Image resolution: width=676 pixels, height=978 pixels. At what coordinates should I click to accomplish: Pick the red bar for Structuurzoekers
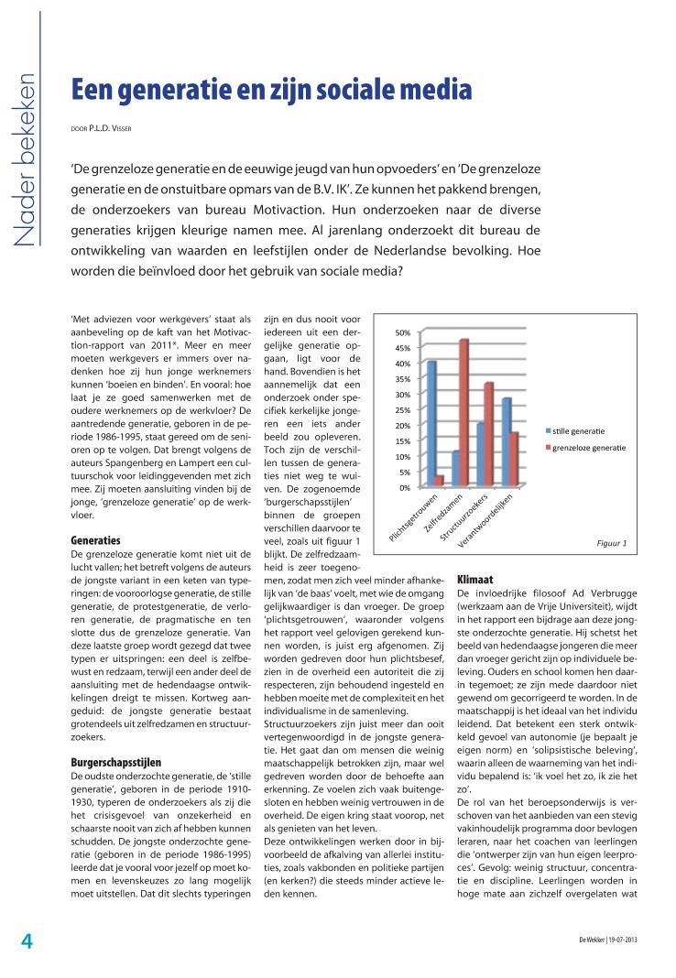(489, 434)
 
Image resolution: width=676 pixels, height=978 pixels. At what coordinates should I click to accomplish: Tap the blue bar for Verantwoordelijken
(507, 441)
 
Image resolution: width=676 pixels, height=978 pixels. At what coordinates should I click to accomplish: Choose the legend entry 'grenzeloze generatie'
(589, 448)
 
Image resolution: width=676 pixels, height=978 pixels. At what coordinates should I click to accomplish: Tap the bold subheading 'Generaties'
(95, 540)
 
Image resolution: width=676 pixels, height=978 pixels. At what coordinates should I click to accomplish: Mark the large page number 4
(27, 941)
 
